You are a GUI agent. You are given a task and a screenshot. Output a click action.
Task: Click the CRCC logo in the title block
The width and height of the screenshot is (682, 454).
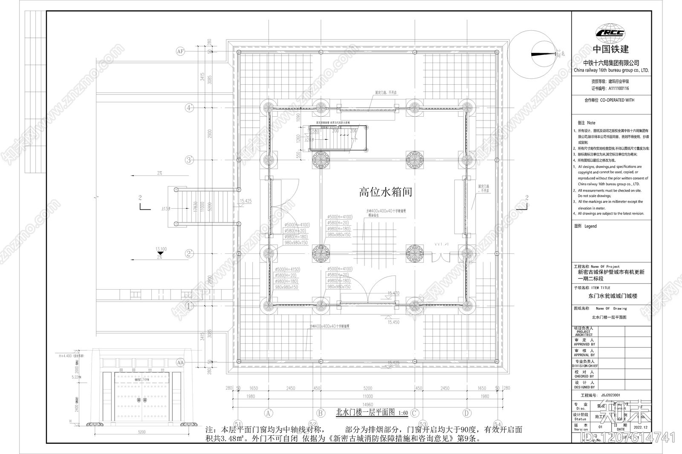click(x=610, y=33)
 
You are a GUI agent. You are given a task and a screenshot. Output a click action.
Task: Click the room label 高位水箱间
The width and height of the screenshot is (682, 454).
click(x=386, y=192)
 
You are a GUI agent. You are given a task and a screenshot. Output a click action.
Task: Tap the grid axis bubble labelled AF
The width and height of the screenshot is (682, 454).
click(x=180, y=52)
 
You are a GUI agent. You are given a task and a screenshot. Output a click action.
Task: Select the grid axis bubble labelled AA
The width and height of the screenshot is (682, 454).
click(x=180, y=362)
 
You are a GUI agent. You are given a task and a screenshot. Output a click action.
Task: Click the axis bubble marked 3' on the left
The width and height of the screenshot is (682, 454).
click(x=189, y=160)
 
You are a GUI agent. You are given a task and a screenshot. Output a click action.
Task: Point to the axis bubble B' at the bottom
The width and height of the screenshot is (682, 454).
click(x=321, y=413)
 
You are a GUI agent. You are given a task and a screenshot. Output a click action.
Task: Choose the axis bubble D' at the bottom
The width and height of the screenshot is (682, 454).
click(x=467, y=413)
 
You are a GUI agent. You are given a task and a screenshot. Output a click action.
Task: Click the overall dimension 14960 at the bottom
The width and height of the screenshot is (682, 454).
click(x=367, y=405)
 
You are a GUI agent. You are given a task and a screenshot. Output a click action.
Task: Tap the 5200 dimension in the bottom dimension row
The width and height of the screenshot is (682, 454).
click(x=367, y=388)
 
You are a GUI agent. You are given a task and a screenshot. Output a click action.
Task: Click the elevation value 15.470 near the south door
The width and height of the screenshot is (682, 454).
click(x=393, y=293)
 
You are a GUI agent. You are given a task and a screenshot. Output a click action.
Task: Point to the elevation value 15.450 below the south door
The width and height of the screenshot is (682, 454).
click(x=393, y=322)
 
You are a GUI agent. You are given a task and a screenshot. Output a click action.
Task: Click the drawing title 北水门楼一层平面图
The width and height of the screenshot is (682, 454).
click(x=366, y=412)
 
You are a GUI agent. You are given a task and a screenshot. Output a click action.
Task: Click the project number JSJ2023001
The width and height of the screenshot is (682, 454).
click(x=607, y=395)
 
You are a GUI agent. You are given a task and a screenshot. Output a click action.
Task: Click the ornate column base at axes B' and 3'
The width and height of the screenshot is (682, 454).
click(x=321, y=161)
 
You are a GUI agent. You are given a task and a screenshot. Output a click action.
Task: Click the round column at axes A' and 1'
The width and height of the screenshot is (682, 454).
click(x=269, y=305)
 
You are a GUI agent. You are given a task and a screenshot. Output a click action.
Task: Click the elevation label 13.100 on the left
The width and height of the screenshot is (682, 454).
click(x=161, y=249)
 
